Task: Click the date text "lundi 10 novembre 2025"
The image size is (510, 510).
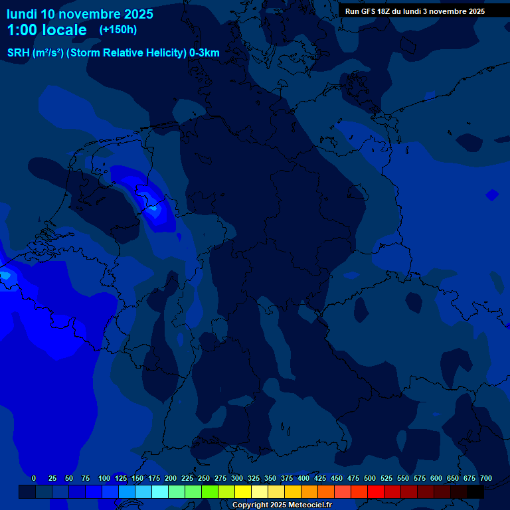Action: tap(80, 14)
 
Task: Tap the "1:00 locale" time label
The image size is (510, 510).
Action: tap(46, 30)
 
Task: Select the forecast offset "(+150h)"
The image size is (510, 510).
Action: tap(118, 30)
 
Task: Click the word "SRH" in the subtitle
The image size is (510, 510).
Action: tap(19, 53)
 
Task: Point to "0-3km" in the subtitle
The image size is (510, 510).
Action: tap(205, 53)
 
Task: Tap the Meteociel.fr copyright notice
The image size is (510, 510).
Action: tap(282, 505)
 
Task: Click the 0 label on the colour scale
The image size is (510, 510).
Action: tap(34, 478)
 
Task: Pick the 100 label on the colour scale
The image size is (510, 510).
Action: tap(104, 478)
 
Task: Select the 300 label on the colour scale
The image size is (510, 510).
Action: tap(237, 478)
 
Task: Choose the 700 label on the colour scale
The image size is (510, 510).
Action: tap(486, 478)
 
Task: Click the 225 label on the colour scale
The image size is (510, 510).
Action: tap(187, 478)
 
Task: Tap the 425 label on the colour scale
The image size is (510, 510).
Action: tap(320, 478)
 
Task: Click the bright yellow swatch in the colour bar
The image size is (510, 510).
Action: tap(243, 492)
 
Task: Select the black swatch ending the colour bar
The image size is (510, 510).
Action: tap(475, 492)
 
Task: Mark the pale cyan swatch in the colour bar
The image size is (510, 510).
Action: tap(160, 492)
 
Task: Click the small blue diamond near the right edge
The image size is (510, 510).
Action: tap(491, 195)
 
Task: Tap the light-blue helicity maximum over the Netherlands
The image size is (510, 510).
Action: tap(153, 208)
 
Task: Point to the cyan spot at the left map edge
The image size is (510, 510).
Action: tap(5, 274)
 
